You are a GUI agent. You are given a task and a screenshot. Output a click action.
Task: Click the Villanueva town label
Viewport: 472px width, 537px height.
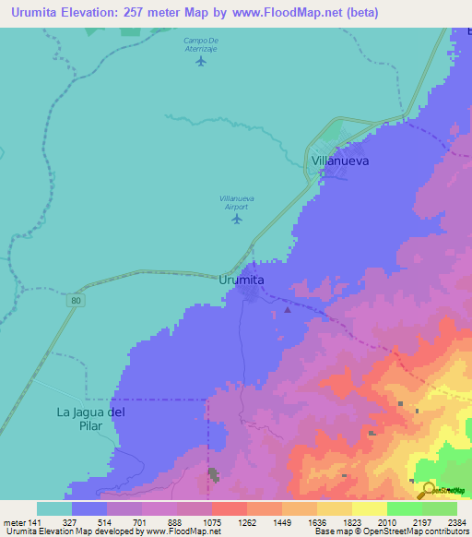tap(340, 160)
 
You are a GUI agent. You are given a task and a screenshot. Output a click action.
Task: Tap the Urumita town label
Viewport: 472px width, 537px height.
tap(243, 279)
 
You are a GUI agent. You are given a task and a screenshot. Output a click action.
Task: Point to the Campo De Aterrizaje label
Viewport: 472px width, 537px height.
tap(200, 44)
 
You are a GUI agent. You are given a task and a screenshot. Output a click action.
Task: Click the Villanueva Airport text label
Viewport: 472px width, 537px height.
tap(237, 202)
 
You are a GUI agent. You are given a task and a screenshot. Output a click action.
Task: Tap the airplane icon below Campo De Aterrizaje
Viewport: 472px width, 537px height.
tap(201, 74)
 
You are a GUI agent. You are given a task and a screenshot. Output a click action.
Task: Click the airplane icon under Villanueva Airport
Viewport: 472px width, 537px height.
tap(237, 219)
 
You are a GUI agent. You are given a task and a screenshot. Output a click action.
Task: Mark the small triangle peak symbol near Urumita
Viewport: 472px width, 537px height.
tap(288, 310)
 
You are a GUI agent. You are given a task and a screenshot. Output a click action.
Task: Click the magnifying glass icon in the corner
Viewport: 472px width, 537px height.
tap(429, 490)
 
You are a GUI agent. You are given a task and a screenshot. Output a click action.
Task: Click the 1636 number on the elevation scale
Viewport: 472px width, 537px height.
tap(316, 521)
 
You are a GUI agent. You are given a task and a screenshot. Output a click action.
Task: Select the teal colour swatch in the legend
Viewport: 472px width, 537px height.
tap(53, 508)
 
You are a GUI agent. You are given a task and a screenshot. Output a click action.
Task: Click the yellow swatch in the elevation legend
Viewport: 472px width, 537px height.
tap(369, 508)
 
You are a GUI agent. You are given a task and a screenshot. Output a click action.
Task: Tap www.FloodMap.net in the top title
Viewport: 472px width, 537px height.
tap(287, 13)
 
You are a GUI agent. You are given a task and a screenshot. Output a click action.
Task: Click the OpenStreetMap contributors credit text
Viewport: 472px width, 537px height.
tap(425, 531)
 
